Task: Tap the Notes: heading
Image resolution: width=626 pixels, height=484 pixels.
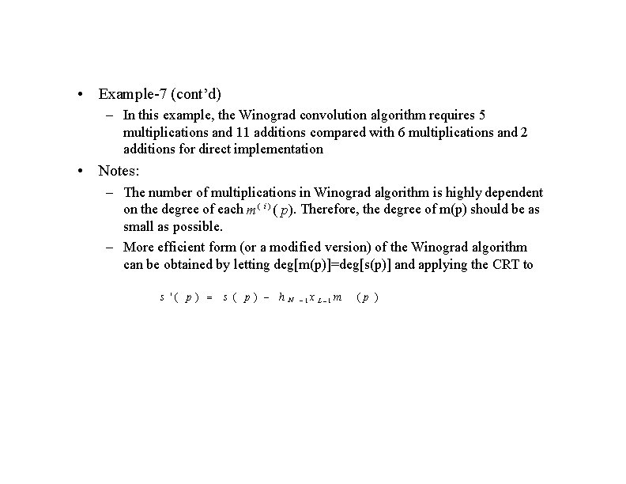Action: [x=119, y=170]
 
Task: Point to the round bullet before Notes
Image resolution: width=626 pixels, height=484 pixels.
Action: [x=82, y=171]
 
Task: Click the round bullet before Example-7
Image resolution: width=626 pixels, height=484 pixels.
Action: [x=82, y=95]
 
